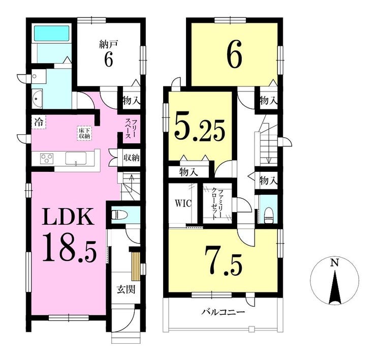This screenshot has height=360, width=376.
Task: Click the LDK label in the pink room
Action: point(68,217)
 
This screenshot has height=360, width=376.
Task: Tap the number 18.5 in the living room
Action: point(70,248)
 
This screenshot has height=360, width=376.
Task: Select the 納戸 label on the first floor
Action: point(108,45)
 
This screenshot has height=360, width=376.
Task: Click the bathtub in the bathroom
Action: point(52,34)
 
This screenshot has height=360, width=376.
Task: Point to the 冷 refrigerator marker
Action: point(39,123)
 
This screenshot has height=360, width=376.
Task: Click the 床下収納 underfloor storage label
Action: point(84,133)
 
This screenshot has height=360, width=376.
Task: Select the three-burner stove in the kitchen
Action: point(47,159)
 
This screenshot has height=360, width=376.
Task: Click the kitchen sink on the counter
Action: point(76,159)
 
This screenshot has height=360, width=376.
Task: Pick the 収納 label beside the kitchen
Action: point(132,158)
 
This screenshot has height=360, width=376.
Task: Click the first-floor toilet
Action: point(118,214)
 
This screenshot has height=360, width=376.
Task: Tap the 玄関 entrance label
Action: point(126,289)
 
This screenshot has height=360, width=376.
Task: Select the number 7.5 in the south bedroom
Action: point(224,261)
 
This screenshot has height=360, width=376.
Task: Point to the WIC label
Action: point(183,203)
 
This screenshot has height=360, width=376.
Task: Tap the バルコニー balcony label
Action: point(223,312)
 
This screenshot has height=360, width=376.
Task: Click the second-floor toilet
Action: point(268,215)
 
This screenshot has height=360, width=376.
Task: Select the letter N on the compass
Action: point(334,263)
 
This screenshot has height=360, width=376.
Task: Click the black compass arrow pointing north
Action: point(335,287)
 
